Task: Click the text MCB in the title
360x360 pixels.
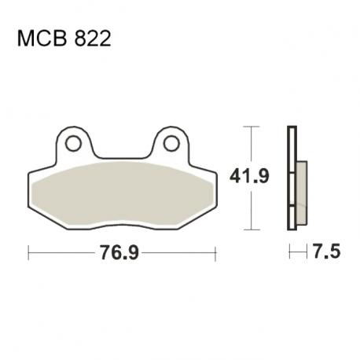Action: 42,39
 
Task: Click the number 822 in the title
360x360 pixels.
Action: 93,39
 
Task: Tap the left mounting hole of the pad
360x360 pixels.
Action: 74,143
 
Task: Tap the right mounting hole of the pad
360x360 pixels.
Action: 171,143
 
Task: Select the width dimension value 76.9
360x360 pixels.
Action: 119,252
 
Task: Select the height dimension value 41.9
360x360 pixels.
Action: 249,176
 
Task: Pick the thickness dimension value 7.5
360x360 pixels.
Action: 325,251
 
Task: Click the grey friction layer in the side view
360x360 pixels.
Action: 302,193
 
